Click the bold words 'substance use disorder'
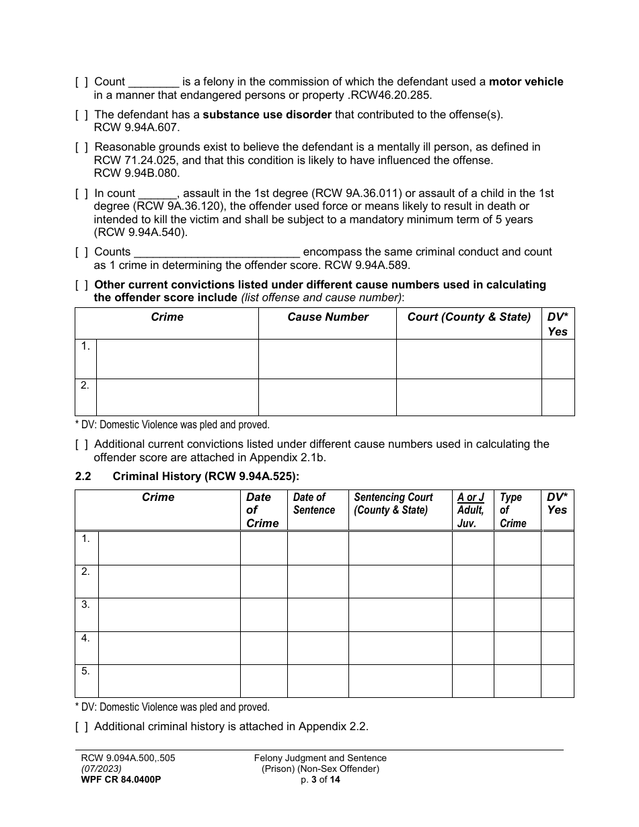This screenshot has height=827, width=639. coord(267,114)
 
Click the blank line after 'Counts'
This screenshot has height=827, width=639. coord(217,252)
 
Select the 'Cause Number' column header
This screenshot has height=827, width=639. coord(328,317)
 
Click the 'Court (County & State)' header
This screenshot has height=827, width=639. coord(469,317)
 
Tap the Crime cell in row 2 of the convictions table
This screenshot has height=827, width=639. coord(177,397)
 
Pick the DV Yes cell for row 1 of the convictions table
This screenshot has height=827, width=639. coord(558,359)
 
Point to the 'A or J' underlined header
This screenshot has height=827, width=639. coord(470,498)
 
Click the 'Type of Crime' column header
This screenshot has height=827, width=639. coord(513,510)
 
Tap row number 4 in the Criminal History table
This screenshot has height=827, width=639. coord(85,638)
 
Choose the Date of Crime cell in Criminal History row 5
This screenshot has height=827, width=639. coord(264,681)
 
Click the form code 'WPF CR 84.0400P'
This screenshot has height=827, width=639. coord(120,779)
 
